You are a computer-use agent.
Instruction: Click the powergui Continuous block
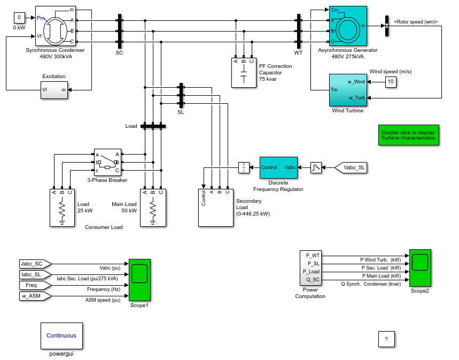coord(61,336)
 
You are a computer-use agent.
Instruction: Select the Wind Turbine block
coord(348,90)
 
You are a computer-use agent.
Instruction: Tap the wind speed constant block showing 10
coord(391,82)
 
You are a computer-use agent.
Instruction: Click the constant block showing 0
coord(19,18)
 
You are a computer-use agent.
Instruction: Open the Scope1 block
coord(139,280)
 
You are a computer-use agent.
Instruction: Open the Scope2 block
coord(420,268)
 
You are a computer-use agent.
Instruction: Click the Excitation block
coord(54,90)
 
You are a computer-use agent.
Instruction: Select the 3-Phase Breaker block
coord(107,162)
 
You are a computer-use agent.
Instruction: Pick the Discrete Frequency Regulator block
coord(278,167)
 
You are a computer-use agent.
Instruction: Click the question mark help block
coord(386,340)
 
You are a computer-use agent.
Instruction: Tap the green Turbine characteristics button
coord(409,135)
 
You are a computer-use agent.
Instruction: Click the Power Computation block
coord(310,268)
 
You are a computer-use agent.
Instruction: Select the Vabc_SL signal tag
coord(351,167)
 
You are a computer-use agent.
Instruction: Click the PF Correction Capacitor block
coord(244,73)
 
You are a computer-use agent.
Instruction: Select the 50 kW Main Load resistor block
coord(153,208)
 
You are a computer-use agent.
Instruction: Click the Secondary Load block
coord(216,208)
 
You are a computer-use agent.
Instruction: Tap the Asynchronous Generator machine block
coord(348,26)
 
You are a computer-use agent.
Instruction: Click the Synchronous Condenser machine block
coord(56,26)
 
